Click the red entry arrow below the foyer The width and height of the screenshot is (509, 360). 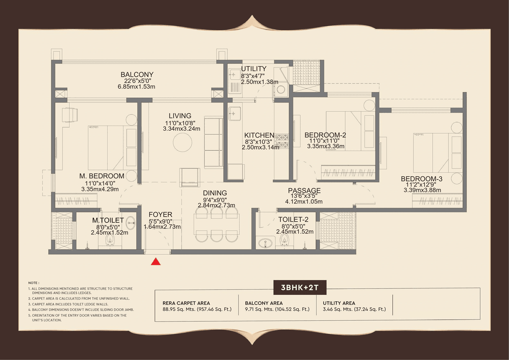click(x=156, y=261)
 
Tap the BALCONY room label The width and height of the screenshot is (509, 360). click(x=137, y=75)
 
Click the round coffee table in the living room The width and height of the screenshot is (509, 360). click(x=183, y=142)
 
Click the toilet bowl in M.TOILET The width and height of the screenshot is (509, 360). click(x=110, y=240)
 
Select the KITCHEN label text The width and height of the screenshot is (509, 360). click(x=259, y=135)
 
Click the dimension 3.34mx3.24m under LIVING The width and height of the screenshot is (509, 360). click(x=181, y=128)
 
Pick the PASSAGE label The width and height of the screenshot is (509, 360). click(x=304, y=191)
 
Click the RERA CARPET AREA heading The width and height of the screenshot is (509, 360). click(x=186, y=303)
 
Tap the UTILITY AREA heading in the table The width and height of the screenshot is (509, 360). click(x=339, y=303)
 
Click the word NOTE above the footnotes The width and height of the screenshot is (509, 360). click(x=34, y=283)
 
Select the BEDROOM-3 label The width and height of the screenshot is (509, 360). click(x=422, y=179)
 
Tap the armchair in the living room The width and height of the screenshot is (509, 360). click(x=190, y=177)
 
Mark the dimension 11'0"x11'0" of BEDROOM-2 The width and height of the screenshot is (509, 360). click(x=325, y=141)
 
